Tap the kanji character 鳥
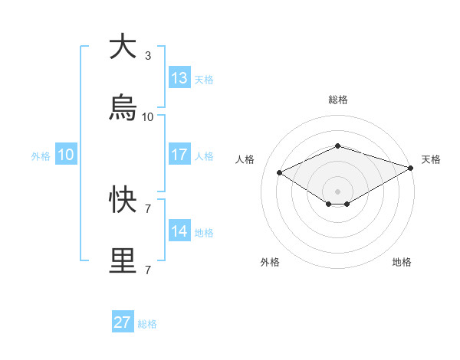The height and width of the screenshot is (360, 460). point(122,108)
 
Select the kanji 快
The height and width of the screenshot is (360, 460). point(122,200)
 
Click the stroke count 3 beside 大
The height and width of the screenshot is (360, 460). point(148,56)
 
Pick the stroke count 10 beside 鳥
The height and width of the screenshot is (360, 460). point(148,117)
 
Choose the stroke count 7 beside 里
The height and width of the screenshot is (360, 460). point(148,270)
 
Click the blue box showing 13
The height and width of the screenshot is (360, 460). point(179,78)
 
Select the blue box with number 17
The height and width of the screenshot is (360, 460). point(179,155)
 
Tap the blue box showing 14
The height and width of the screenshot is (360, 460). point(179,231)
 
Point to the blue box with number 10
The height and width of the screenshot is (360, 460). point(66,155)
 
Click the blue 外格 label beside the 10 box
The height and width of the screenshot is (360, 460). point(41,155)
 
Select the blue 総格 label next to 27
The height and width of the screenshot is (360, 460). point(147,324)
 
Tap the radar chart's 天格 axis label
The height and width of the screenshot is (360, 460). point(431,159)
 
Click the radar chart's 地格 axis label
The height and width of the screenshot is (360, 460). point(402,262)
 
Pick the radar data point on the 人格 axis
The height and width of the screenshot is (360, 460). point(280,172)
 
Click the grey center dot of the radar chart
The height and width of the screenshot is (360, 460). point(337,190)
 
